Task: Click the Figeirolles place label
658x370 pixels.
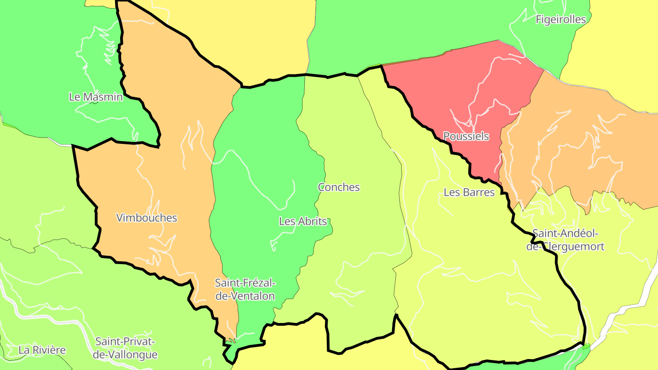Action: (561, 19)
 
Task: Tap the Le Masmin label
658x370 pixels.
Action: (96, 97)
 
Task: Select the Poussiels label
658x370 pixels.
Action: (466, 136)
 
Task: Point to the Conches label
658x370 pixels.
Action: (339, 187)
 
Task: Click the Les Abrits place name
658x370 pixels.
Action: (303, 222)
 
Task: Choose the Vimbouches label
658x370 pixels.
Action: (147, 217)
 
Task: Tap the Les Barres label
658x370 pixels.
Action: (469, 192)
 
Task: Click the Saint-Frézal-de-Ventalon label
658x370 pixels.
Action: (245, 289)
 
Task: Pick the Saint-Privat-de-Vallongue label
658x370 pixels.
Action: (125, 348)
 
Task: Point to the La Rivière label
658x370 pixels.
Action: (42, 350)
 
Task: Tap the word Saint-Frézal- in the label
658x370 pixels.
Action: (245, 283)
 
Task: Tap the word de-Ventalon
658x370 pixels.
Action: (245, 296)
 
